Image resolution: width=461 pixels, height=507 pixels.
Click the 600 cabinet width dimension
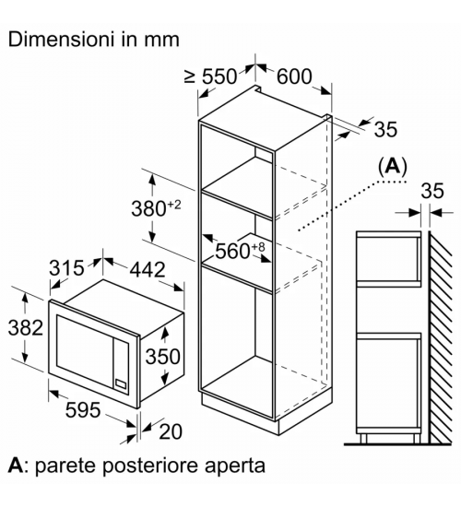click(294, 77)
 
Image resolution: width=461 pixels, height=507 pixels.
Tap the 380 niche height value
click(148, 208)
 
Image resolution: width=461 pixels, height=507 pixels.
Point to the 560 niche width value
click(232, 251)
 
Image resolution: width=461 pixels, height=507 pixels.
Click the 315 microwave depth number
click(66, 267)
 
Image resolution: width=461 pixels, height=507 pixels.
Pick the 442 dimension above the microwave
click(148, 269)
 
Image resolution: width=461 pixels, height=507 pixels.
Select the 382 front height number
click(26, 327)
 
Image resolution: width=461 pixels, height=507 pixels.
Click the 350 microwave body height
click(162, 357)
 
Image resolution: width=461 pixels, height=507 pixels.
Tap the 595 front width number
click(83, 409)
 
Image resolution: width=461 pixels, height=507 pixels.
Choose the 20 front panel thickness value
click(171, 431)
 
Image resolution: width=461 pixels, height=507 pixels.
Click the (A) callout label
click(393, 167)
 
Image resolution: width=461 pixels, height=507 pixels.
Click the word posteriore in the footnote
click(147, 466)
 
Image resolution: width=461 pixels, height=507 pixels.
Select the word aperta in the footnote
click(230, 466)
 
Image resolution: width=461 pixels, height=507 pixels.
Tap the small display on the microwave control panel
click(121, 383)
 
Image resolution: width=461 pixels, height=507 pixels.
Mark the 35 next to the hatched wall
click(432, 191)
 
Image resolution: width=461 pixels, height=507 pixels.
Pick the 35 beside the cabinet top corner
click(385, 129)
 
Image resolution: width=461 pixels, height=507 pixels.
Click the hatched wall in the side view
click(440, 337)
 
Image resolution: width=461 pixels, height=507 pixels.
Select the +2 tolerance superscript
click(174, 205)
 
